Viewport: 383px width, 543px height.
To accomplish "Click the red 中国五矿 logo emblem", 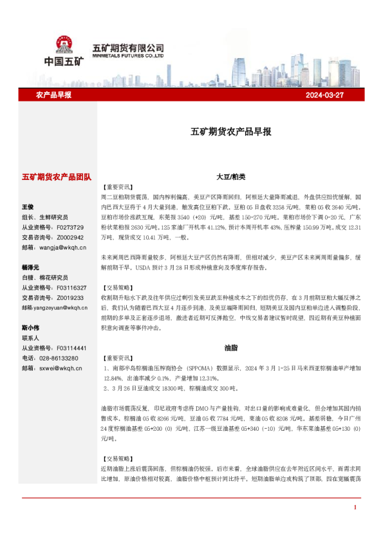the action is click(x=64, y=45).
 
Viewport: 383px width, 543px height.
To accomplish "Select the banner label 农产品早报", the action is click(x=53, y=95).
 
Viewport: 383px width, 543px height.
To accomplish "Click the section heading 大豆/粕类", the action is click(x=231, y=177).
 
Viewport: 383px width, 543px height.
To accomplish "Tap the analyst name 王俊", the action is click(x=28, y=207).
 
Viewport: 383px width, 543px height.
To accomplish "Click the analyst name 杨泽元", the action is click(x=31, y=267).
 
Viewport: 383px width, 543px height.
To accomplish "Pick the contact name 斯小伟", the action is click(x=31, y=328).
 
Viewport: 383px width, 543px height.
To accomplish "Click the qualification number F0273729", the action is click(x=70, y=227).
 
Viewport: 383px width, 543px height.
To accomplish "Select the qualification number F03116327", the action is click(x=71, y=288).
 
